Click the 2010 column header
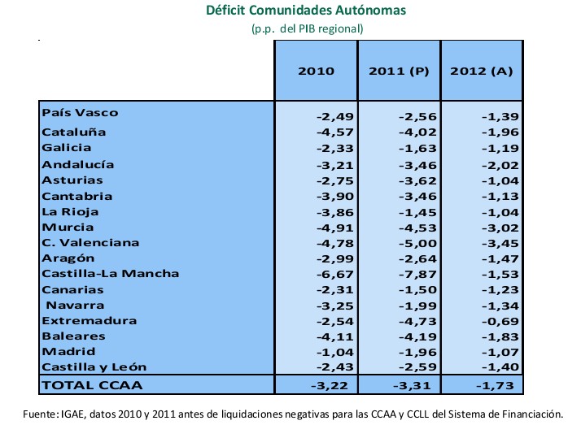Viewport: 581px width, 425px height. (316, 71)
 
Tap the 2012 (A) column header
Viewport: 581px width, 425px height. (482, 71)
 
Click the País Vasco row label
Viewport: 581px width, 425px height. (80, 113)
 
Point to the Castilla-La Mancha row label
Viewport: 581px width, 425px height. (109, 273)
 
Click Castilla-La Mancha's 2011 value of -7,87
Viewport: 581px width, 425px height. (418, 274)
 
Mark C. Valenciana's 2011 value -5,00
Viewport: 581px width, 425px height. (418, 243)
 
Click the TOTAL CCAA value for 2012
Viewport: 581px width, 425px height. (499, 384)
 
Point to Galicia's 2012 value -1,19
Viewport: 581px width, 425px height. (500, 148)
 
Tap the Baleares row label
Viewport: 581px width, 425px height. (73, 336)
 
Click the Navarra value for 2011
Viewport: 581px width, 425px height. (418, 305)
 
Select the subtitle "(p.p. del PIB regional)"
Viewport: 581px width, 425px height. (307, 28)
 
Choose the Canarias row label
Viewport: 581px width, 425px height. (72, 289)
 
